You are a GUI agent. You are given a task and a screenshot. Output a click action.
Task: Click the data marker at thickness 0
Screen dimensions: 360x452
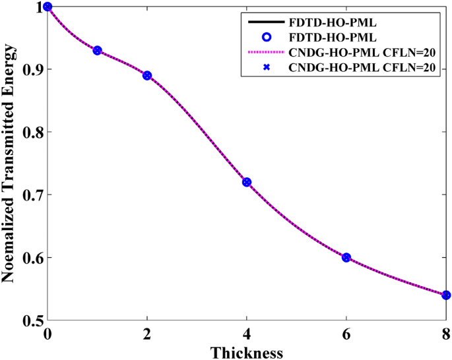[48, 7]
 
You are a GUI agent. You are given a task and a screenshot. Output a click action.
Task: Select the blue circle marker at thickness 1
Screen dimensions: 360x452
[97, 50]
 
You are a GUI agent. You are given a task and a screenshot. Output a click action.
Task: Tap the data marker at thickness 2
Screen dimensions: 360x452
[147, 75]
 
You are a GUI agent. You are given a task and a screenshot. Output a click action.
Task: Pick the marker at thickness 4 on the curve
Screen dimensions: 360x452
[247, 182]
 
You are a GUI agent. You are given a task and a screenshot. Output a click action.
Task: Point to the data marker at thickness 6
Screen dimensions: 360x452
[346, 257]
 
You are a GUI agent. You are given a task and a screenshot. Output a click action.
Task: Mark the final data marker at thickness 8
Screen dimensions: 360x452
[446, 295]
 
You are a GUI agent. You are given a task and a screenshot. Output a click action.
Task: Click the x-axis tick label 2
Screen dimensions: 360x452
[147, 334]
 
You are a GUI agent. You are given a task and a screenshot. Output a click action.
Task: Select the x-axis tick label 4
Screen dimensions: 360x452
[247, 334]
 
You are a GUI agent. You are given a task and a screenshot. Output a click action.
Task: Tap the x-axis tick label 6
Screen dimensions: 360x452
[346, 334]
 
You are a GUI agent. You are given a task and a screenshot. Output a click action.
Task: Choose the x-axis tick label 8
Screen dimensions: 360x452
[446, 334]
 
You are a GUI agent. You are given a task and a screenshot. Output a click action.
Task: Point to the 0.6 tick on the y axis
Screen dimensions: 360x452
[29, 258]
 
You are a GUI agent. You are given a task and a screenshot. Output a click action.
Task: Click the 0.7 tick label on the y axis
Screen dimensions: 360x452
[29, 195]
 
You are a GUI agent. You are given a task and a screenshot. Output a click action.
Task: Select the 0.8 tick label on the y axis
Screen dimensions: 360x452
[29, 133]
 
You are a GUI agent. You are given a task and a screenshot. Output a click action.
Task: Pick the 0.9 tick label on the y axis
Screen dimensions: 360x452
[29, 70]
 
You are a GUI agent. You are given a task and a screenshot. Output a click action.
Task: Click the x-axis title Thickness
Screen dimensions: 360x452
[247, 351]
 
